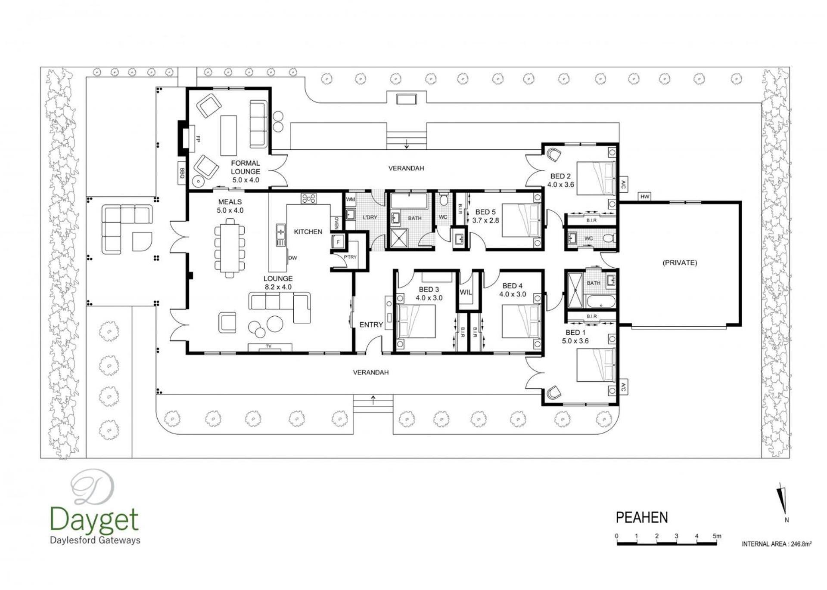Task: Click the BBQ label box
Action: [182, 173]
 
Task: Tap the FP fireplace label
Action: [198, 139]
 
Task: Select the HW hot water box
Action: [644, 197]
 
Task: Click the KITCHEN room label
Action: [308, 232]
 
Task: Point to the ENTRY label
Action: [371, 325]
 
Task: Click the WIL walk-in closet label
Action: [466, 292]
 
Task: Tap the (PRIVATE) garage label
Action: [680, 263]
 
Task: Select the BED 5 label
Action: [485, 212]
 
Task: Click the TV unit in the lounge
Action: [270, 347]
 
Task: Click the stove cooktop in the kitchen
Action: [308, 198]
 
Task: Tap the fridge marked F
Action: [338, 242]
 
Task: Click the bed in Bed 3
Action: [416, 321]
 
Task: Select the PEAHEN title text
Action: [642, 517]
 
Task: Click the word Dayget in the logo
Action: [94, 519]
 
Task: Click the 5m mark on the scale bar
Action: [717, 536]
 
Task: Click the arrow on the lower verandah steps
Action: [373, 400]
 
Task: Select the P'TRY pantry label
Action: [350, 257]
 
